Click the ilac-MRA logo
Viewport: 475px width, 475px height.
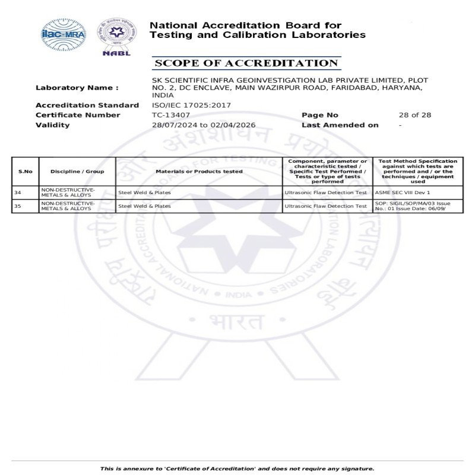tap(63, 34)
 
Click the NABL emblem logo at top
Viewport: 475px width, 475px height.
tap(116, 36)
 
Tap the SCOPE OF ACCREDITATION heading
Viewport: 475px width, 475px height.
tap(246, 64)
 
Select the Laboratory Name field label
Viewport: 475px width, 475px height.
tap(77, 88)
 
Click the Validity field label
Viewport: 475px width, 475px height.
tap(52, 125)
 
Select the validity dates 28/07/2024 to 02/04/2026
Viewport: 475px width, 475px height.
tap(204, 125)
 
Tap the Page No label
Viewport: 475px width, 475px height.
tap(319, 115)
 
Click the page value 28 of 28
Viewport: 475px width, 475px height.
tap(414, 115)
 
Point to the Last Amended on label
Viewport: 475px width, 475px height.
tap(340, 125)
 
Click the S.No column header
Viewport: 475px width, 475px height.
tap(25, 172)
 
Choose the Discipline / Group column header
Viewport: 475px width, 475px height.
tap(77, 172)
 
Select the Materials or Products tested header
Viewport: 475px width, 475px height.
tap(199, 172)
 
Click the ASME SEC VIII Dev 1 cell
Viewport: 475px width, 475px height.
tap(403, 192)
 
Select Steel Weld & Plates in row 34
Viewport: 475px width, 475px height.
tap(144, 192)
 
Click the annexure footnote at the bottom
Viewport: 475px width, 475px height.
tap(237, 468)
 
